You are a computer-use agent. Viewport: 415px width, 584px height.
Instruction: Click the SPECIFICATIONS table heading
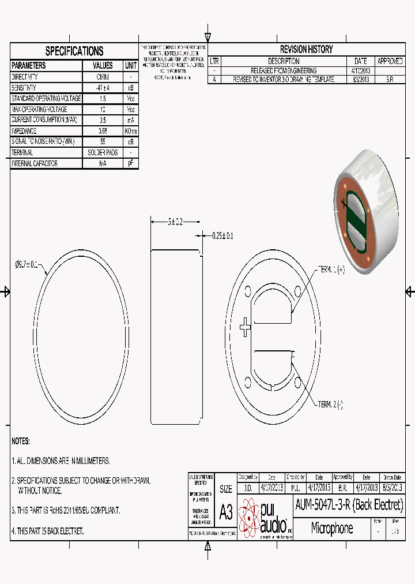(x=74, y=51)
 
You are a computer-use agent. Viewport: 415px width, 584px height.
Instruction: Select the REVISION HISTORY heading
(x=306, y=50)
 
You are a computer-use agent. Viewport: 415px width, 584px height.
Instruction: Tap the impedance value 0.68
(x=103, y=131)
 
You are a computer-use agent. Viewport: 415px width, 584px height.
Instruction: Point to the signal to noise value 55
(x=103, y=142)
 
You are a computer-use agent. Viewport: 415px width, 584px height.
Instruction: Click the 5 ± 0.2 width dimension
(x=175, y=222)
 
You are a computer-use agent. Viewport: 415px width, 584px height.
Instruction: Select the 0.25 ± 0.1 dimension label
(x=222, y=235)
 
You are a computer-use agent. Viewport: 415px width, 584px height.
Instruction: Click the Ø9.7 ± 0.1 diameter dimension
(x=26, y=265)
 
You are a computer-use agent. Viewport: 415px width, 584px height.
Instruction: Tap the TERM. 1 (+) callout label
(x=331, y=269)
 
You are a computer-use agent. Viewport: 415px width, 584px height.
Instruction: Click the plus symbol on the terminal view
(x=246, y=328)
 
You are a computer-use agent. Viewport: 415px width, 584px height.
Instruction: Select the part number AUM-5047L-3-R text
(x=349, y=505)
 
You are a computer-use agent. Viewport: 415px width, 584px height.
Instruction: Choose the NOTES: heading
(x=21, y=441)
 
